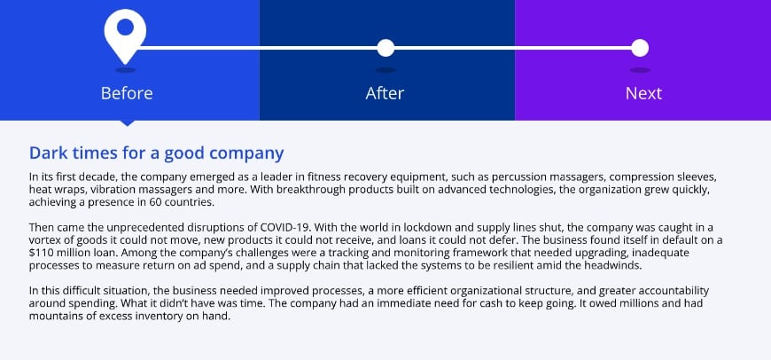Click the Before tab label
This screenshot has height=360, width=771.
[127, 93]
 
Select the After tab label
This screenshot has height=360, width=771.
[385, 93]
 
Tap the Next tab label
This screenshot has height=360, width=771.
[643, 93]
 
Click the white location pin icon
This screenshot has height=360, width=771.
[124, 34]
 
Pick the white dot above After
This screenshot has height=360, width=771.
[385, 48]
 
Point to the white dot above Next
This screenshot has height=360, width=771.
[640, 48]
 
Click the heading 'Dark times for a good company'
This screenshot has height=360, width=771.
[156, 153]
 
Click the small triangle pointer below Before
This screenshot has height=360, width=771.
[127, 122]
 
